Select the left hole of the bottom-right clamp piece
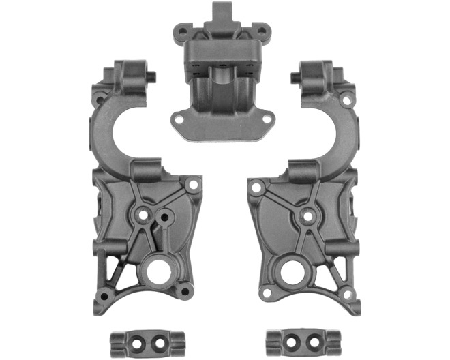[x=295, y=339]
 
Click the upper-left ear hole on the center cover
[x=181, y=31]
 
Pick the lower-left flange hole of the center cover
[x=179, y=119]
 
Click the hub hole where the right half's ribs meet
[x=307, y=215]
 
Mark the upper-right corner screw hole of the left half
[x=194, y=184]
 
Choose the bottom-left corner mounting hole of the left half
[x=103, y=296]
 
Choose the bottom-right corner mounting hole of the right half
[x=348, y=295]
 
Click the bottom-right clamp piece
[x=303, y=339]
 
